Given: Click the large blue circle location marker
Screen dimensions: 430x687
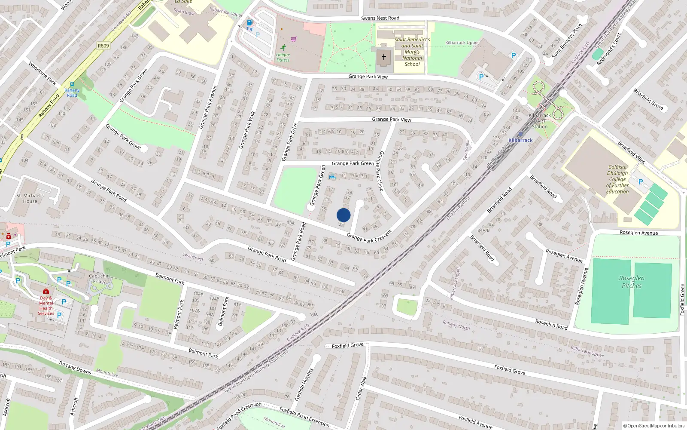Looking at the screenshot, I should pos(343,215).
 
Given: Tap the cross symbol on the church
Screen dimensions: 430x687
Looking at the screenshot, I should pos(384,57).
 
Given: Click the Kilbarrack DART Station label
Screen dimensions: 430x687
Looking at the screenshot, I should pos(540,121).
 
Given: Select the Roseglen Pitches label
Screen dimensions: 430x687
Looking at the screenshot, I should pos(632,282).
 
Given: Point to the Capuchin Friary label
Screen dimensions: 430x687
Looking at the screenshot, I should pos(99,279).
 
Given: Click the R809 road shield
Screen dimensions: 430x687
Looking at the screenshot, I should pos(103,46).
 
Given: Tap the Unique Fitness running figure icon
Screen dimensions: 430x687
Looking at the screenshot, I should pos(283,47).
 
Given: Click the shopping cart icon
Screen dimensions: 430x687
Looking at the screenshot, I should pos(294,39).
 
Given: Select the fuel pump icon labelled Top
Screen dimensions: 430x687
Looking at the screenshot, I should pos(249,22).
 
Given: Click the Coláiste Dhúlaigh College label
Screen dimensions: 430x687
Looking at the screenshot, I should pos(617,179).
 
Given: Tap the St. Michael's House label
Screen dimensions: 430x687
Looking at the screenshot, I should pos(30,198).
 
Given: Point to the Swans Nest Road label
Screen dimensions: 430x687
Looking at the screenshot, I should pos(380,18).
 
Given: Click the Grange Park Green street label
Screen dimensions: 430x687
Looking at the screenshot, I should pos(353,163).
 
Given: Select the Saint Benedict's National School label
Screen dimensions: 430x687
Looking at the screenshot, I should pos(412,52).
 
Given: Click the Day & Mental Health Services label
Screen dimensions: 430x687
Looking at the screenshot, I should pos(46,305).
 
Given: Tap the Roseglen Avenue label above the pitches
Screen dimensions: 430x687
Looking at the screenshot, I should pos(638,233).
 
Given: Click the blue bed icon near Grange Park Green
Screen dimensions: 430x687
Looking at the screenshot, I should pos(332,177).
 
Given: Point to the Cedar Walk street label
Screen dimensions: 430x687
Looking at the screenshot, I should pos(361,388).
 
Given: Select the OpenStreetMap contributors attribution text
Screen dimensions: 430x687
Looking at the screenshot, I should pos(654,426).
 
